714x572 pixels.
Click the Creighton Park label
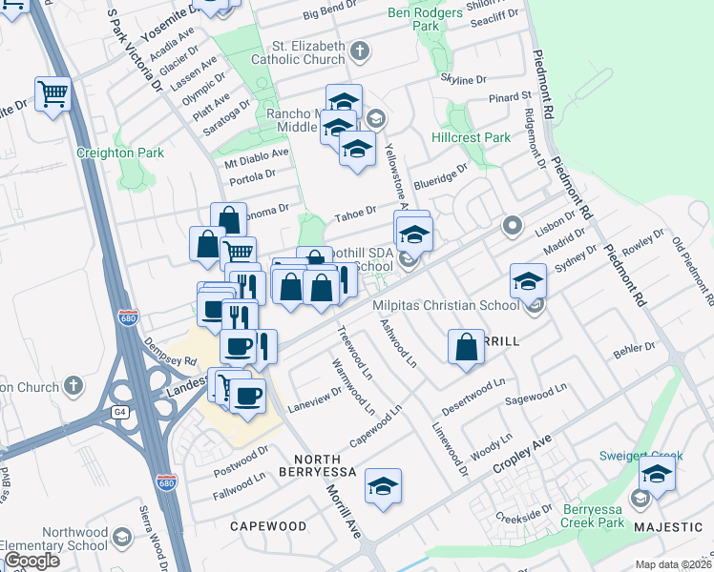[120, 153]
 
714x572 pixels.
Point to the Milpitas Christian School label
[447, 305]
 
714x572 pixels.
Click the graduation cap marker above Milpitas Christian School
[528, 280]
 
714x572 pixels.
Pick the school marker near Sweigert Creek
[657, 473]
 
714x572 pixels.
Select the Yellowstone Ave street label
[399, 176]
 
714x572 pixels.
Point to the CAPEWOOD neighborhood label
[268, 526]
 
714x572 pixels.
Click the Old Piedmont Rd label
[692, 271]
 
